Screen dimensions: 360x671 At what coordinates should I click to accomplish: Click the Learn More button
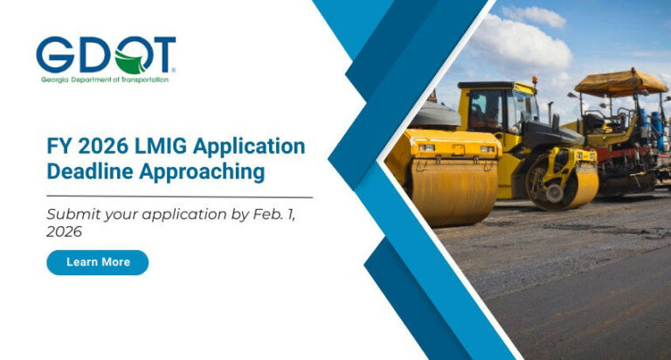click(97, 262)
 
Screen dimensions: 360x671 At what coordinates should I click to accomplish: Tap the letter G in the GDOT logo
click(55, 55)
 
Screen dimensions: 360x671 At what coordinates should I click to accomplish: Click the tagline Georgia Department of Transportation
click(104, 80)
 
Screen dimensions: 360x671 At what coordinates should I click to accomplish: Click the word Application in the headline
click(252, 145)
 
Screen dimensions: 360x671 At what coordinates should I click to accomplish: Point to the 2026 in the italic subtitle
click(64, 232)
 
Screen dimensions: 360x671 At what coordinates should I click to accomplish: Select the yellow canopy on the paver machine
click(620, 82)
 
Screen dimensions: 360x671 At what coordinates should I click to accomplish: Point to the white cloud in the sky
click(524, 39)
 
